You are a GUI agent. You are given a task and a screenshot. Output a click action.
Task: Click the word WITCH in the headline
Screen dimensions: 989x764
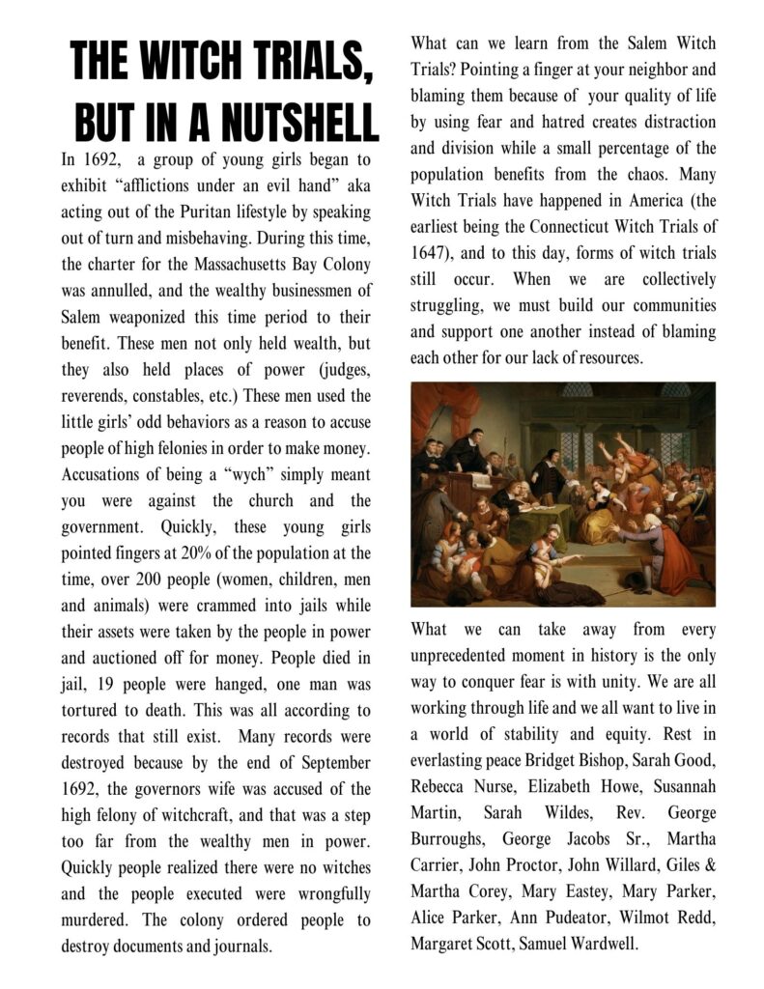195,66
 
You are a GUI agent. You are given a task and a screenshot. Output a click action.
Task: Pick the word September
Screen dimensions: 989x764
334,763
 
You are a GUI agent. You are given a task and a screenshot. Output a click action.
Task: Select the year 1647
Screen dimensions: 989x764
430,255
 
